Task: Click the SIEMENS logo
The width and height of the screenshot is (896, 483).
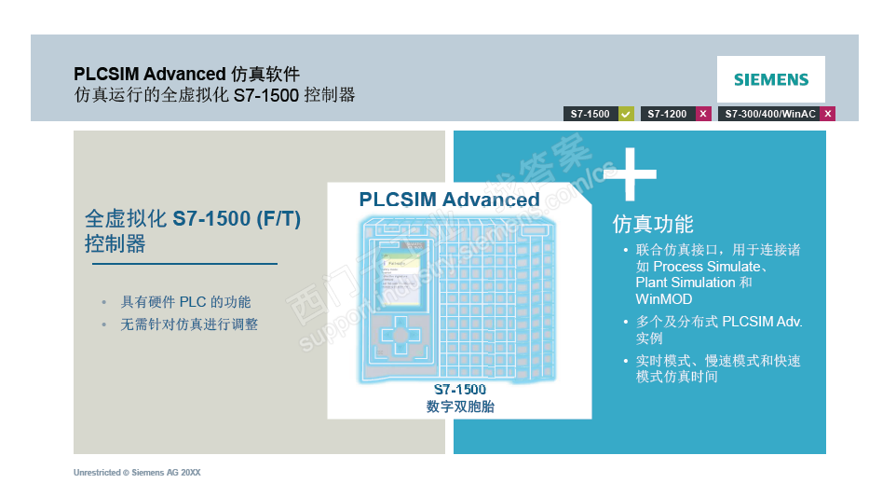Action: click(x=770, y=79)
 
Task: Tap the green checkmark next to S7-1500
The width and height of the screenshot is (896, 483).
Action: click(x=626, y=114)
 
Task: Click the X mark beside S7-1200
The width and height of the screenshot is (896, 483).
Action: click(x=703, y=114)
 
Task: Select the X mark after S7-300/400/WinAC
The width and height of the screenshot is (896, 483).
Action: click(x=827, y=114)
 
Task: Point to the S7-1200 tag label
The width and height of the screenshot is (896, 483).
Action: click(x=667, y=114)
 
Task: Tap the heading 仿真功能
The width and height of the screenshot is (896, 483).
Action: click(x=652, y=224)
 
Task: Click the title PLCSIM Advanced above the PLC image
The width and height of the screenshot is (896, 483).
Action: click(x=449, y=200)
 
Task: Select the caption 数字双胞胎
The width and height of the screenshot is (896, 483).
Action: click(x=459, y=407)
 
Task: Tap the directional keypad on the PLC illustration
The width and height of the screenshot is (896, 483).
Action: click(x=400, y=333)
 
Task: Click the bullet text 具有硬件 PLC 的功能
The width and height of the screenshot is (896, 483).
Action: click(x=185, y=302)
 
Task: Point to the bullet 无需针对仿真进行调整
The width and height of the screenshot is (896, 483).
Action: click(x=189, y=324)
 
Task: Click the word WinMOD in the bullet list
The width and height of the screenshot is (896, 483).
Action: click(x=664, y=299)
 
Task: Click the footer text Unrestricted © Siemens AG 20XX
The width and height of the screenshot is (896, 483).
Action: click(x=137, y=473)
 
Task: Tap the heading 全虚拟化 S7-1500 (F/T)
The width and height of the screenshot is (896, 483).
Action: click(x=193, y=220)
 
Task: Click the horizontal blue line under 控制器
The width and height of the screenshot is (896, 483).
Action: click(x=184, y=264)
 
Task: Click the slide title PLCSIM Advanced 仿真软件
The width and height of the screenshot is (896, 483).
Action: click(x=187, y=74)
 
